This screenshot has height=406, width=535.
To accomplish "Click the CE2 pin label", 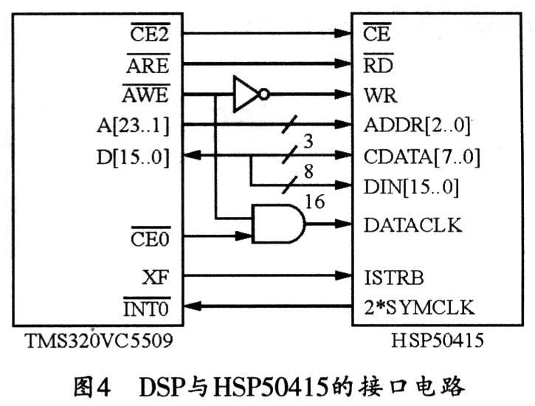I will point(150,35).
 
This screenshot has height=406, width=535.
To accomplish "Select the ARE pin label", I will point(148,65).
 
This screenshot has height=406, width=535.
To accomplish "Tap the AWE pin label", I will point(145,95).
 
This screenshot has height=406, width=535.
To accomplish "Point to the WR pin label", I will point(380,96).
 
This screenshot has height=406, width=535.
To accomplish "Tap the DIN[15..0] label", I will point(411,187).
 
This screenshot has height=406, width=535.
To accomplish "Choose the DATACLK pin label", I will point(413,224).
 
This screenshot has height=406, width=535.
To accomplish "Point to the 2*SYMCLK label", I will point(419,307).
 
